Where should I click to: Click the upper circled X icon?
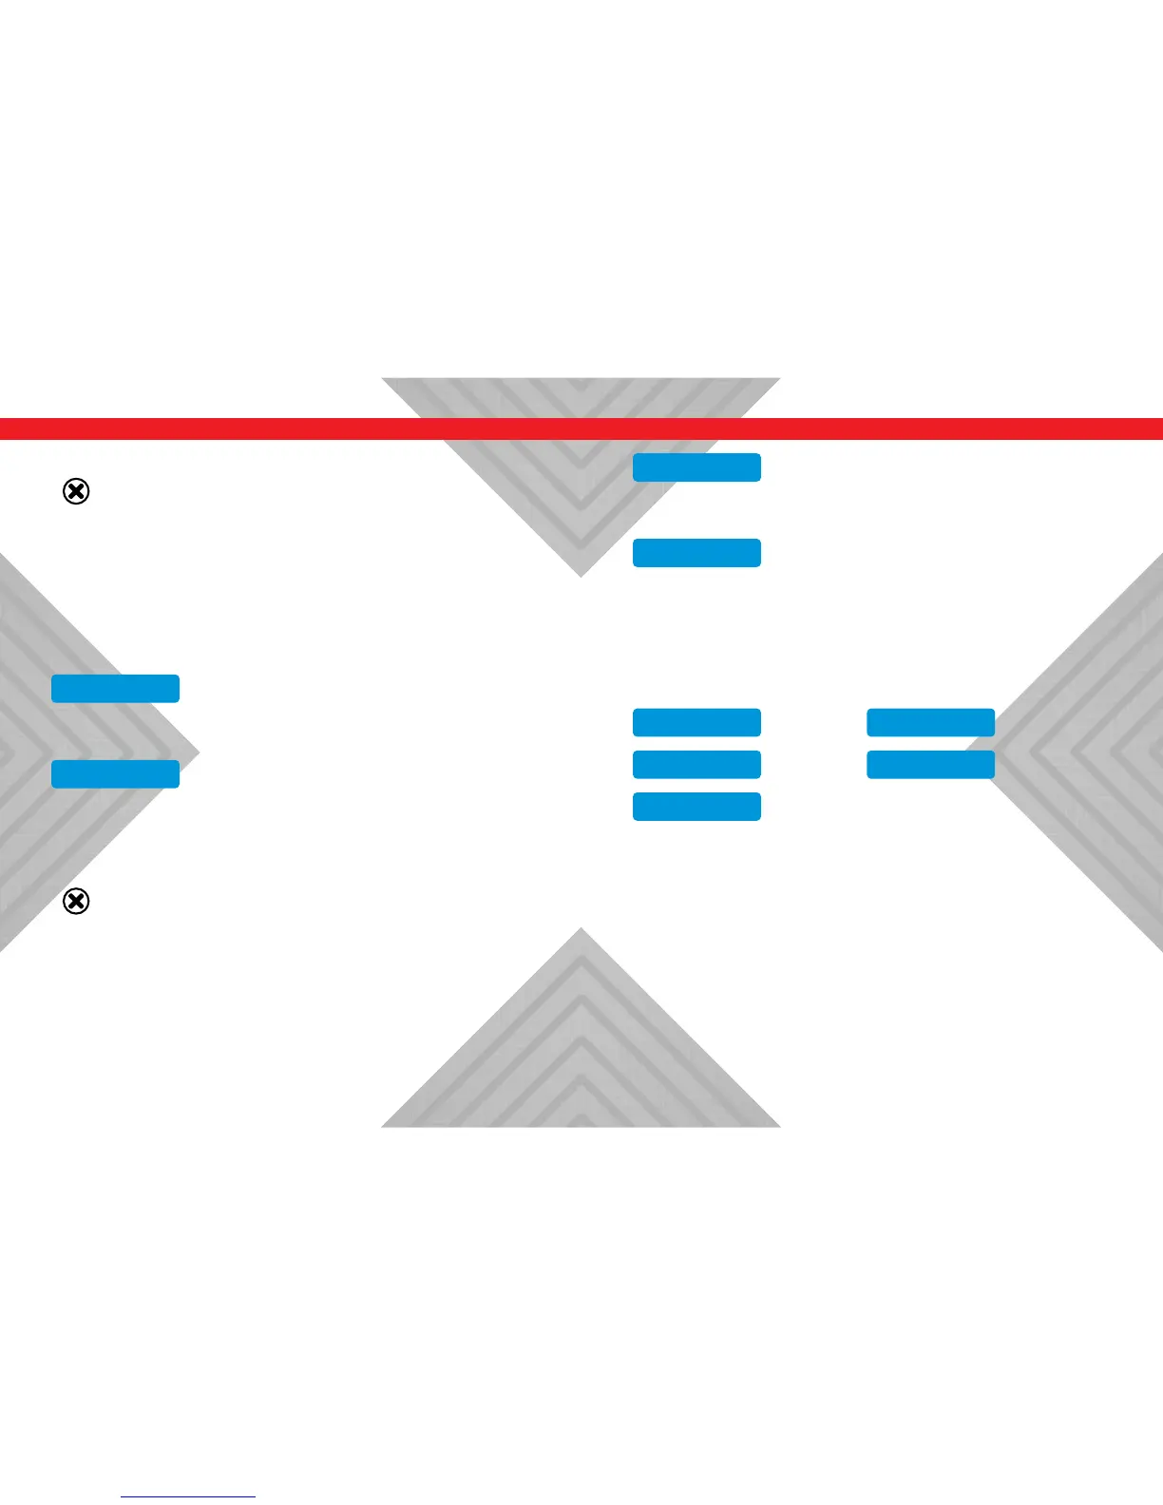pos(76,491)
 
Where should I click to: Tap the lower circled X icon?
pos(76,901)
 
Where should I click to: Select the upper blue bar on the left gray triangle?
pos(115,689)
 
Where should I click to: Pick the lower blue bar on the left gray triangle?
pos(115,774)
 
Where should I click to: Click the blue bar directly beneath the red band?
pos(696,467)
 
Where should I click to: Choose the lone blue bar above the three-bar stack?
pos(696,553)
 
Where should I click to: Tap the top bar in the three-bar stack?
pos(696,722)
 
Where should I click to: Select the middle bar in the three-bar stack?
pos(696,765)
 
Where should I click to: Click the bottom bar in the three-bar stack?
pos(696,807)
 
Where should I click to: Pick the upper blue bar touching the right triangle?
pos(930,722)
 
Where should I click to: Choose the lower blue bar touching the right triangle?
pos(930,765)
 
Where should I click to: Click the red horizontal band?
pos(285,429)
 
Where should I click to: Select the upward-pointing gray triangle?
pos(581,1055)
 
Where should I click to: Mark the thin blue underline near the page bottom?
pos(188,1497)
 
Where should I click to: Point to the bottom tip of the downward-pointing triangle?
pos(581,574)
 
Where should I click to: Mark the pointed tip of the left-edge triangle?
pos(197,753)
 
